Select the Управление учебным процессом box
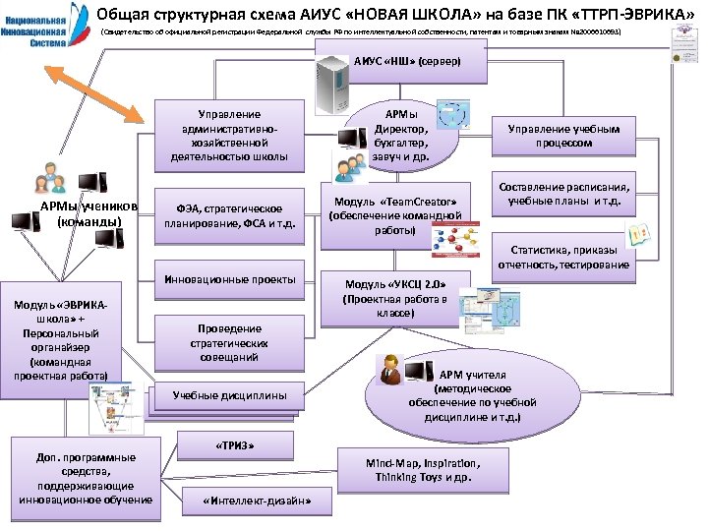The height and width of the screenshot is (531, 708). click(x=563, y=136)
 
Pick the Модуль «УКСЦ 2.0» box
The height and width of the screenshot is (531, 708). click(x=393, y=298)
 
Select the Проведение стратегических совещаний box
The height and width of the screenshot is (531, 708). click(x=229, y=343)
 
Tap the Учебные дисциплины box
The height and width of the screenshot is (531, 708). click(x=229, y=395)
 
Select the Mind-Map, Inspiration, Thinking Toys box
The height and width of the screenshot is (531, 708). click(x=423, y=471)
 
